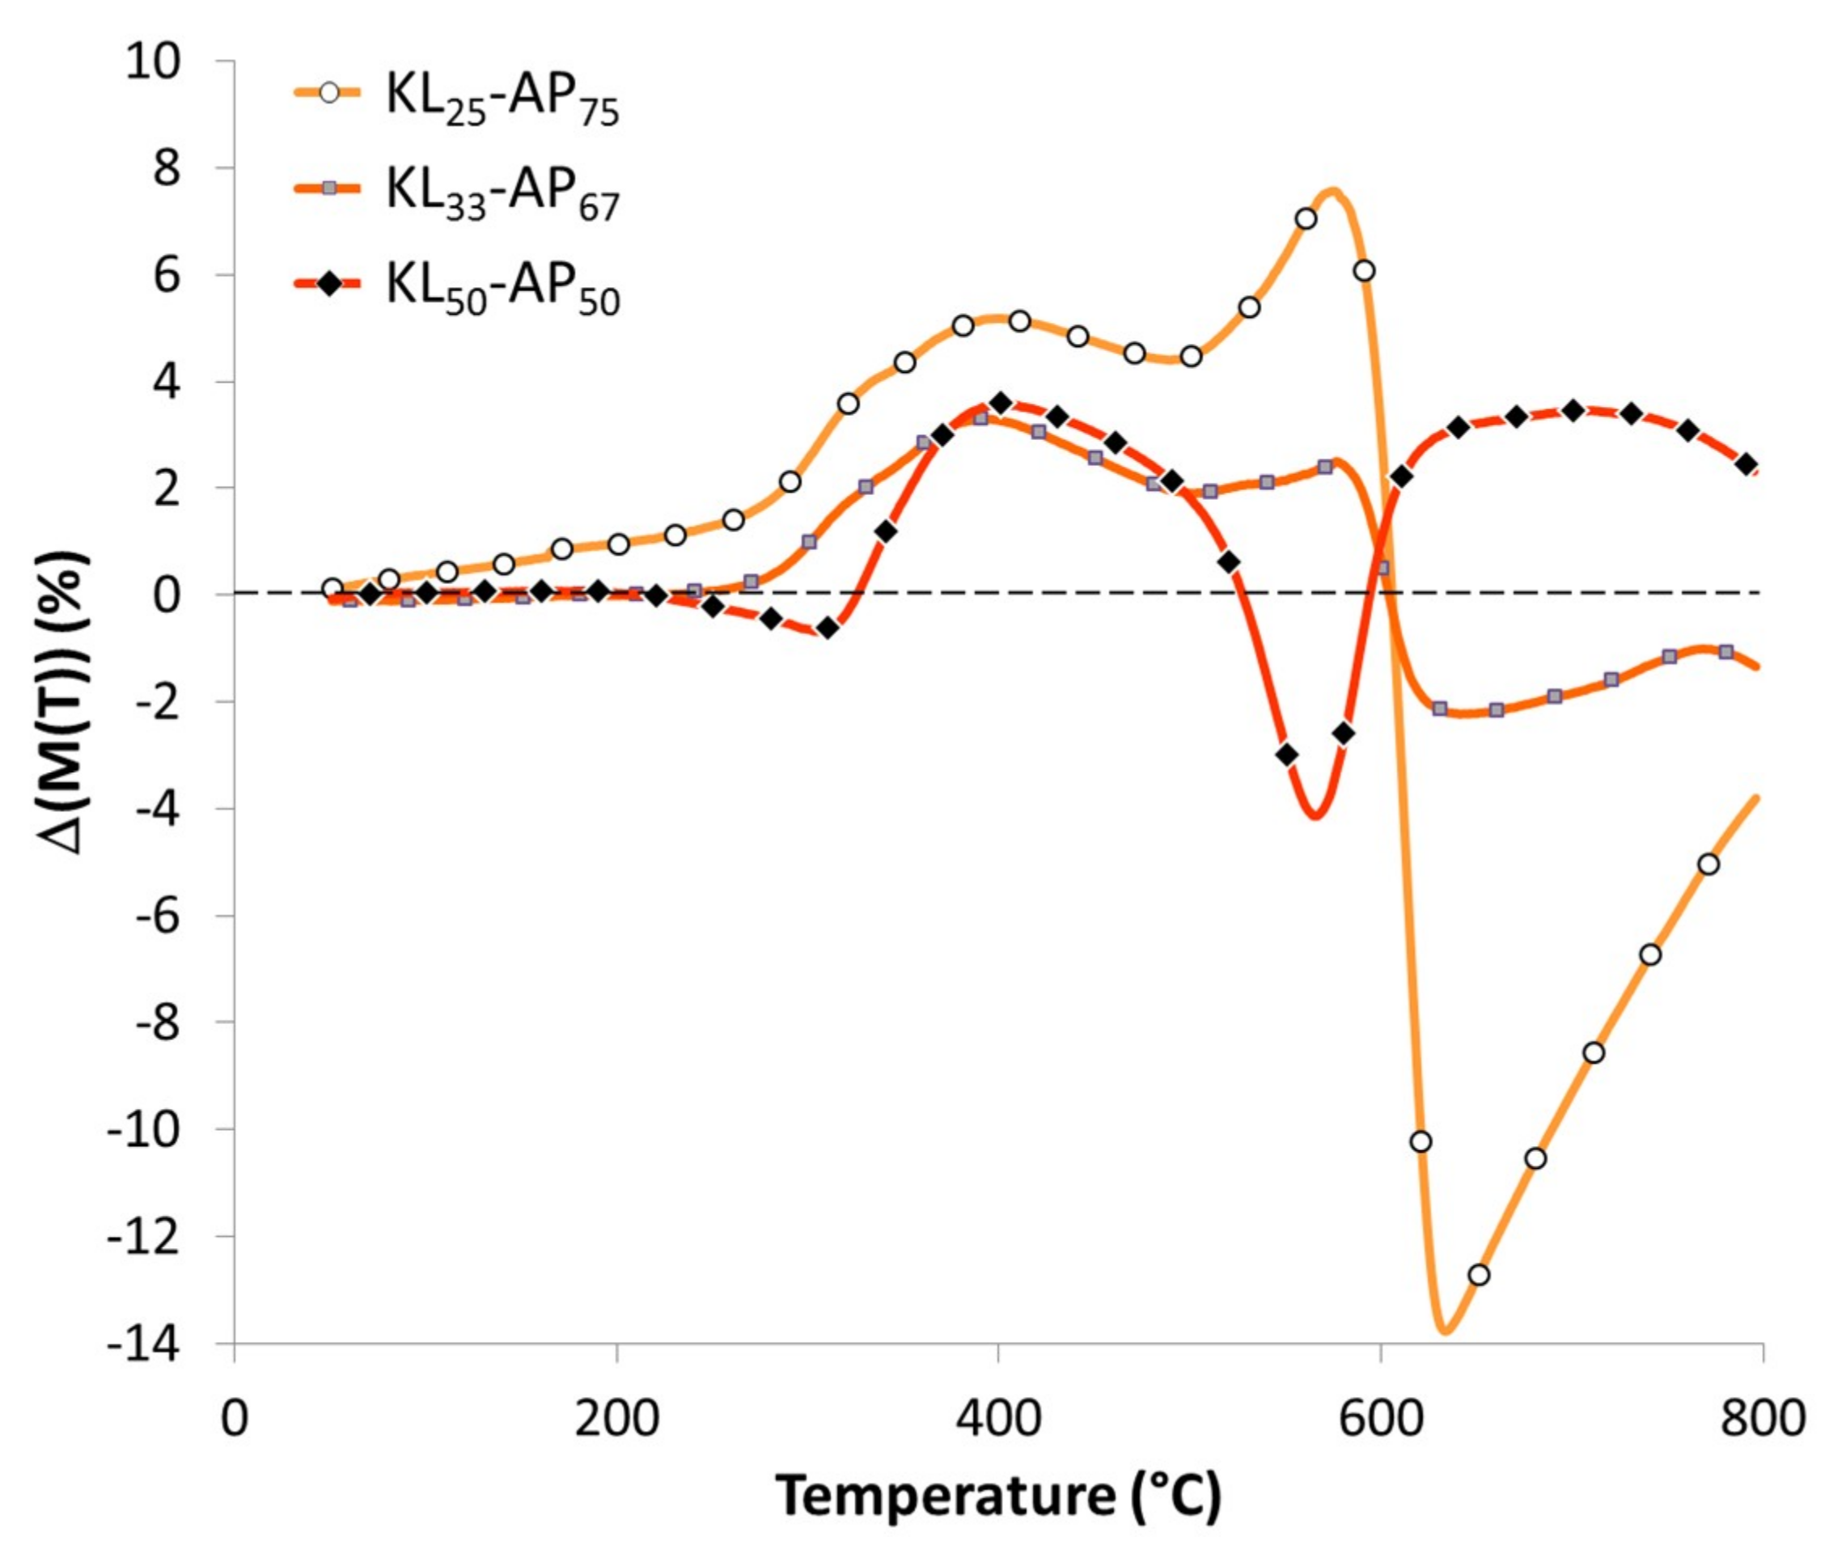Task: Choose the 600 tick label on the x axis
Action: (x=1380, y=1418)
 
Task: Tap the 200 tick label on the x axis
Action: (x=616, y=1418)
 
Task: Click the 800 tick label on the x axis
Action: (x=1762, y=1418)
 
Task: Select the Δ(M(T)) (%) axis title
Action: (x=67, y=701)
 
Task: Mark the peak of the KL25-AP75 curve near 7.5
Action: (x=1332, y=190)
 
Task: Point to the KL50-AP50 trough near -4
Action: (x=1315, y=815)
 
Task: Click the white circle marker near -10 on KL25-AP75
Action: (x=1421, y=1141)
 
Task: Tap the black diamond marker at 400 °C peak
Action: (x=1001, y=403)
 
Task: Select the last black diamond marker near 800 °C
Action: (x=1746, y=464)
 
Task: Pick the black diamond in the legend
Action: (x=329, y=285)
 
